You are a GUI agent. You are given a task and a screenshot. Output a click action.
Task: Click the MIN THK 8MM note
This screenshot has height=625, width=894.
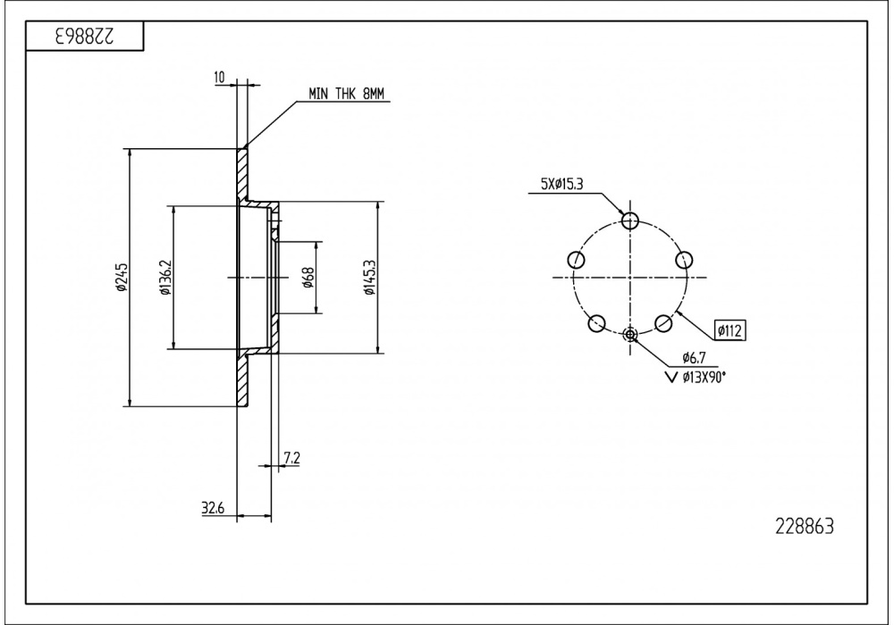(x=346, y=93)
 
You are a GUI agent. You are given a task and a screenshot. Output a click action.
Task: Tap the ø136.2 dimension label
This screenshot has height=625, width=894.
(x=165, y=279)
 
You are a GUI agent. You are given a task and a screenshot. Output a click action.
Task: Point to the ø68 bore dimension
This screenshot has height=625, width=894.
(x=308, y=278)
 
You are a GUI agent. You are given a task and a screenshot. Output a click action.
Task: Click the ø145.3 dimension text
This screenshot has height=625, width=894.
(x=369, y=278)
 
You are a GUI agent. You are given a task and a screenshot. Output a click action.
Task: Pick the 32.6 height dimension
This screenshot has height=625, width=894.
(x=213, y=509)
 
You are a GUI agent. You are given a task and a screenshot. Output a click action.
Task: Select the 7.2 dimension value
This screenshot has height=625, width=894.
(x=291, y=459)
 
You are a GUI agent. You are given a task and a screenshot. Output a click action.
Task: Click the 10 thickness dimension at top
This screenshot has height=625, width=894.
(x=220, y=79)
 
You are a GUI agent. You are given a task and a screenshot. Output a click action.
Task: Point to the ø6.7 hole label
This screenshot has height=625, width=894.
(x=696, y=358)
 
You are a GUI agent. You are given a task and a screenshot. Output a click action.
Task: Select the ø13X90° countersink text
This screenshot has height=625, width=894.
(x=703, y=377)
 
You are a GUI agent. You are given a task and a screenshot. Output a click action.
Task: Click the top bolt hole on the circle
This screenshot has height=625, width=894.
(x=631, y=221)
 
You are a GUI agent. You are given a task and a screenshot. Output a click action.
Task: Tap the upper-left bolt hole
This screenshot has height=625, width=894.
(x=577, y=260)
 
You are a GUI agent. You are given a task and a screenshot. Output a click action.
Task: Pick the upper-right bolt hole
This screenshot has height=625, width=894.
(x=685, y=260)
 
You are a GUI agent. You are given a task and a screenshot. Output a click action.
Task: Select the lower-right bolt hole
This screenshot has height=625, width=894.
(x=664, y=323)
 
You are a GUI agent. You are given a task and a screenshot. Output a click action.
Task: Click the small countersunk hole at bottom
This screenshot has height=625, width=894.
(x=631, y=335)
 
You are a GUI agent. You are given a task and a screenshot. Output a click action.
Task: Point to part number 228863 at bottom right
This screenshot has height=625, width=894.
(x=802, y=526)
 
